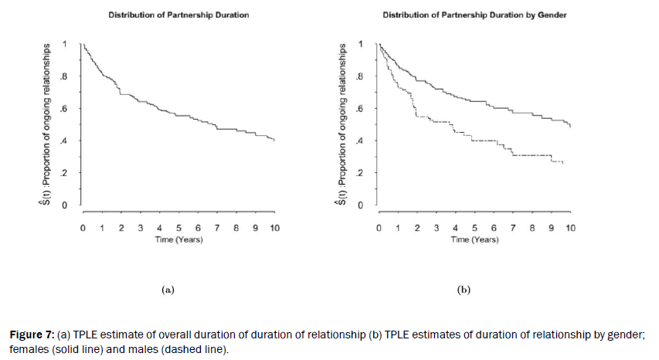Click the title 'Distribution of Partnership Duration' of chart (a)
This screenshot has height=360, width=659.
coord(178,15)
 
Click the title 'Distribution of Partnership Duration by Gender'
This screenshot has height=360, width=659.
coord(475,15)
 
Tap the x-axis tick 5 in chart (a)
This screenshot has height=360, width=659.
coord(178,229)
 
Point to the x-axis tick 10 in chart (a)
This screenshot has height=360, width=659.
coord(274,229)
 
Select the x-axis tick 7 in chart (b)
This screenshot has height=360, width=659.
coord(513,229)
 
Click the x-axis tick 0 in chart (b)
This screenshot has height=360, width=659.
coord(379,229)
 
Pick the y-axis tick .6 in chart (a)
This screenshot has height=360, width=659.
coord(65,108)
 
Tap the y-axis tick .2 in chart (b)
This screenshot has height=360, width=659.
coord(360,173)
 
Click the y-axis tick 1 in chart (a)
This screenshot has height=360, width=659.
coord(65,43)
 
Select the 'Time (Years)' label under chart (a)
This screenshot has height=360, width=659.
coord(178,239)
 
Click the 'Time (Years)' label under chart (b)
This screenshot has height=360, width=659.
coord(475,239)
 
